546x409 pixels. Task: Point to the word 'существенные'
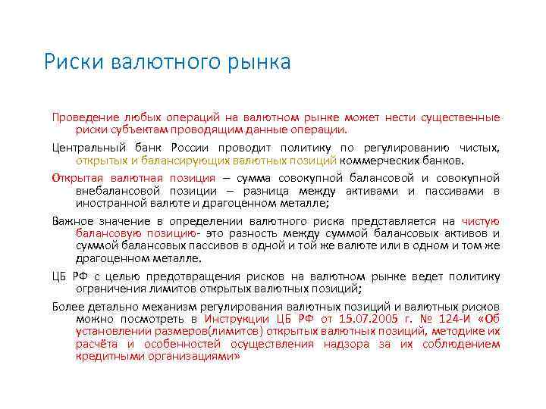[x=458, y=118]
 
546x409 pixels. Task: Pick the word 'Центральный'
[x=88, y=148]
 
